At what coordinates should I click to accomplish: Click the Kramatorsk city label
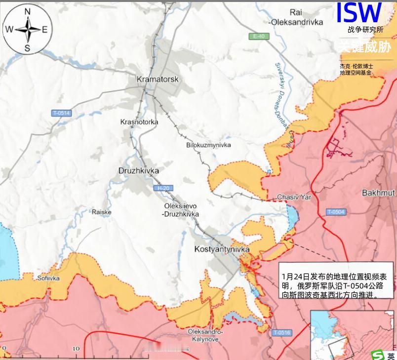click(157, 79)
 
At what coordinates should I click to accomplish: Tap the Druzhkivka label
click(139, 170)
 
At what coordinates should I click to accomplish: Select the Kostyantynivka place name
click(222, 249)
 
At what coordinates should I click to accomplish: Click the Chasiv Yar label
click(294, 197)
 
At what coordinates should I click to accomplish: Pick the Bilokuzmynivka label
click(208, 145)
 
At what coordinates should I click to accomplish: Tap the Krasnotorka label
click(139, 121)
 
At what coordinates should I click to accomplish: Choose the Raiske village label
click(102, 212)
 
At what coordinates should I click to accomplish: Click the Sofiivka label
click(48, 278)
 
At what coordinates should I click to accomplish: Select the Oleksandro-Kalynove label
click(206, 335)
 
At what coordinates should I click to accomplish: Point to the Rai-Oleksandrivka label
click(296, 18)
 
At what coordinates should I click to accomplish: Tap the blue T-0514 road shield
click(62, 113)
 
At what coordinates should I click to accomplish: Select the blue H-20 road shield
click(162, 188)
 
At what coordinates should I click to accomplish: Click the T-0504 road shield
click(336, 212)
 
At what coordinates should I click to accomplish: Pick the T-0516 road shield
click(281, 332)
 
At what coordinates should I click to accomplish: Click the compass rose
click(28, 30)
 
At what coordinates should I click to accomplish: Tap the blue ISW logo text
click(358, 13)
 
